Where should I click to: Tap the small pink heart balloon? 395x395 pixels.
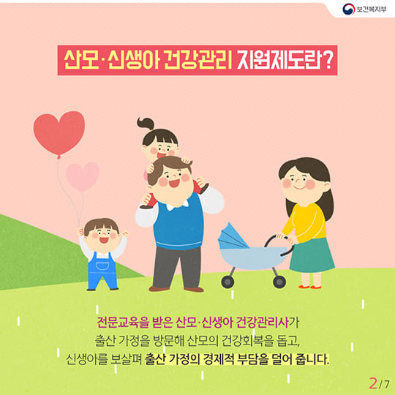click(x=82, y=176)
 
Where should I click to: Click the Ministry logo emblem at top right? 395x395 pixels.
click(x=349, y=11)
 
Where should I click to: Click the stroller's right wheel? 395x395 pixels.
click(x=279, y=281)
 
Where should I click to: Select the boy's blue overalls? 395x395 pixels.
click(x=102, y=268)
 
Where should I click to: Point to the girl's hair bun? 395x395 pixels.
click(x=144, y=124)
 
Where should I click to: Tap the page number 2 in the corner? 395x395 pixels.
click(x=374, y=381)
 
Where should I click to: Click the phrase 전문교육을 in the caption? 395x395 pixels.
click(x=121, y=323)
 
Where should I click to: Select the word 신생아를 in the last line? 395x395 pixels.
click(x=81, y=361)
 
